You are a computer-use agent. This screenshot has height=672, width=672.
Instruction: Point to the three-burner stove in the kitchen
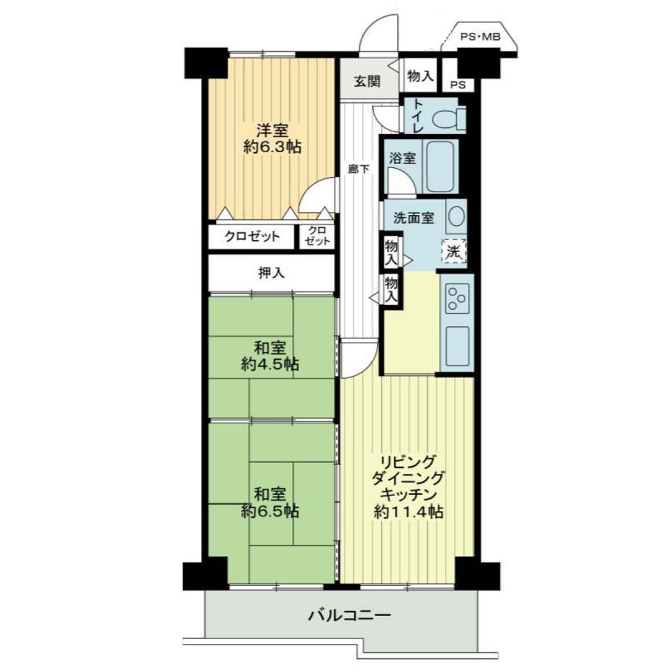tap(457, 297)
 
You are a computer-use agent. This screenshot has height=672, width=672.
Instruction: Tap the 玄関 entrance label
tap(367, 81)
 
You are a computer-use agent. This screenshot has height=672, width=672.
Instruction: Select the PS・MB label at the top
tap(480, 37)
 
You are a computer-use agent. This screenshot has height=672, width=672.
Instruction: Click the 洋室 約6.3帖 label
tap(272, 138)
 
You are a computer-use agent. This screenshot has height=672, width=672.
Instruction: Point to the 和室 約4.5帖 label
tap(270, 356)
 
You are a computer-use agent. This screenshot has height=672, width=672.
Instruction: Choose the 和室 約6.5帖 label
tap(270, 503)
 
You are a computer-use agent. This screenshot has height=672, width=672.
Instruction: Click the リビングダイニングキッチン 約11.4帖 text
tap(408, 488)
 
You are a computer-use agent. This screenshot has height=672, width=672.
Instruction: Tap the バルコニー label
tap(350, 616)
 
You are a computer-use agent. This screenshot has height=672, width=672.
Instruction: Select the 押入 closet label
tap(271, 272)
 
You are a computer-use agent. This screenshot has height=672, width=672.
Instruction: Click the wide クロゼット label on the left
tap(252, 236)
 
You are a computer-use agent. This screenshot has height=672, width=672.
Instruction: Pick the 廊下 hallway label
tap(359, 169)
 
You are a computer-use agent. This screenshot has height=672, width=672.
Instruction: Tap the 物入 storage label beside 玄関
tap(421, 76)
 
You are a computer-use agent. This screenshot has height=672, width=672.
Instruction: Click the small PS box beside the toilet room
tap(458, 85)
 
